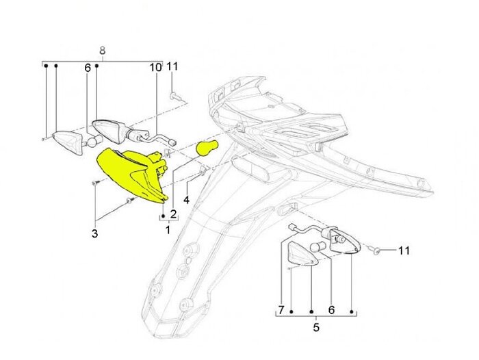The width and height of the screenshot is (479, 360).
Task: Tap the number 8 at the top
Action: coord(102,51)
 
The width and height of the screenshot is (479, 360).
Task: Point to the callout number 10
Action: coord(155,67)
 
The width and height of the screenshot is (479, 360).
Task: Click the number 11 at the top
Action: coord(172,66)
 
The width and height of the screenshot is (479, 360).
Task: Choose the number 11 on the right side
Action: coord(404,250)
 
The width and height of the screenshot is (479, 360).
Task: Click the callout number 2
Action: coord(173,214)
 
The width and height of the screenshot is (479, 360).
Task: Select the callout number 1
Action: coord(167,230)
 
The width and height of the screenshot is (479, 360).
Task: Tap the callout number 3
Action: coord(95,233)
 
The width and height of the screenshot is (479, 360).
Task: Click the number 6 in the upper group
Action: coord(88,68)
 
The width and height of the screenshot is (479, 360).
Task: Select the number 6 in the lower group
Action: coord(331,309)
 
